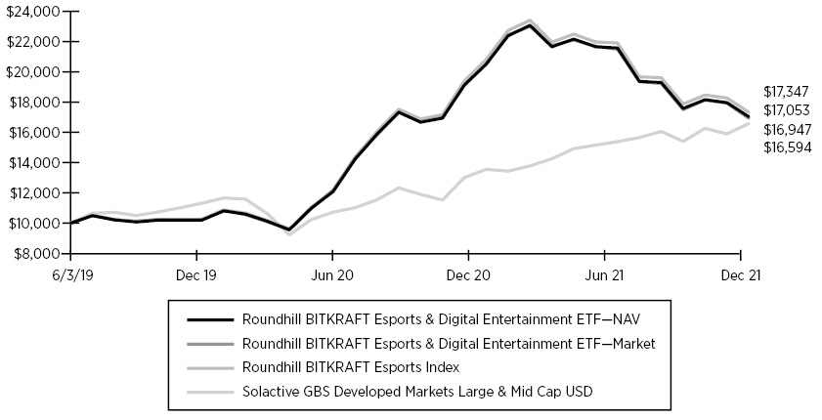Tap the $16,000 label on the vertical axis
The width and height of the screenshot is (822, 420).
[x=31, y=133]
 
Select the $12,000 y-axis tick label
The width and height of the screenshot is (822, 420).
[x=31, y=193]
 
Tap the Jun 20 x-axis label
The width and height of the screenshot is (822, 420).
[x=333, y=275]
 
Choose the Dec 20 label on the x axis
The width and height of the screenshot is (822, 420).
[x=469, y=275]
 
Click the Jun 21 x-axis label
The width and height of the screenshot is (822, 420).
[x=605, y=275]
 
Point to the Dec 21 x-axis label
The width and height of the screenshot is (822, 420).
[x=742, y=275]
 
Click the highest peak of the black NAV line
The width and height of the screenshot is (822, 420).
[x=530, y=25]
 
